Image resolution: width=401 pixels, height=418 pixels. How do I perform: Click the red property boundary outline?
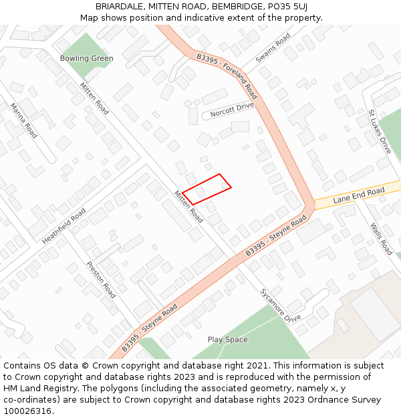click(207, 189)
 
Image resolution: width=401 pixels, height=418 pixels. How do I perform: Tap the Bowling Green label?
click(87, 58)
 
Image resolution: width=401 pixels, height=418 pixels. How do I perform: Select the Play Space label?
click(227, 340)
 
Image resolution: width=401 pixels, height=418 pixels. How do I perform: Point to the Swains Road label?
click(273, 49)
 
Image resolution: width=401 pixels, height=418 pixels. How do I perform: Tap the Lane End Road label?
click(359, 196)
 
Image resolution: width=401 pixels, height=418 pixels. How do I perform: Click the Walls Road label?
click(381, 239)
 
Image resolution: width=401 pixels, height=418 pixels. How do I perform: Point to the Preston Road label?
click(101, 279)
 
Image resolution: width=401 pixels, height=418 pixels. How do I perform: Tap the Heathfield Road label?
click(63, 225)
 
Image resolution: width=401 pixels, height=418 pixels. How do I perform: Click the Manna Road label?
click(24, 120)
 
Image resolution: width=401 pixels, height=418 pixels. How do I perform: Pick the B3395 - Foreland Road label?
click(227, 76)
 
